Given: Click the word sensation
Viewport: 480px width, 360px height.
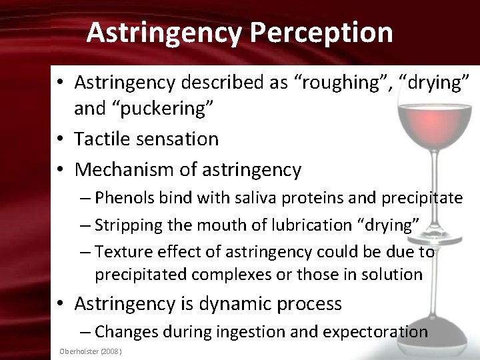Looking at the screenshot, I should point(181,139).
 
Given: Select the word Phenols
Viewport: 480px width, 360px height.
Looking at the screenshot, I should point(121,198).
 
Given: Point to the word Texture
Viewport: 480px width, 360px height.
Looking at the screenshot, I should point(119,251).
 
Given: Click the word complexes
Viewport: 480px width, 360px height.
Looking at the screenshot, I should point(236,274).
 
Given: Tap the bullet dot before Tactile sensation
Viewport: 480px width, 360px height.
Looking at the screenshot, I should point(61,139).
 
